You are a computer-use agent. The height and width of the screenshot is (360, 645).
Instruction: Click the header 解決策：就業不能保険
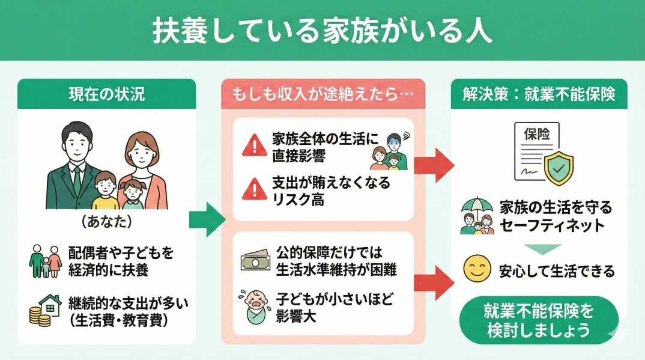point(539,94)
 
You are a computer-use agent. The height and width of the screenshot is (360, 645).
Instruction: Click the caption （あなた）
point(106,222)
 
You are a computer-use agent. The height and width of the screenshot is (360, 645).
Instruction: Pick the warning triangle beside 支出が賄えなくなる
point(255,191)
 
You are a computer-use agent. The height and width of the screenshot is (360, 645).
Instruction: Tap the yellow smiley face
point(475,270)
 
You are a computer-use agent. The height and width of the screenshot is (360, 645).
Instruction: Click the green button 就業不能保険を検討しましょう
point(538,320)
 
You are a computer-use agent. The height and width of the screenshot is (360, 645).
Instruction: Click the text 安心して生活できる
point(557,271)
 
